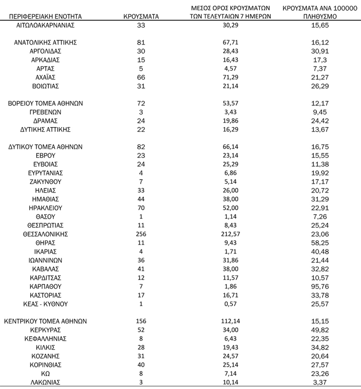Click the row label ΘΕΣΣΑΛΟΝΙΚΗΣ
tap(45, 234)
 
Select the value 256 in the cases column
tap(141, 234)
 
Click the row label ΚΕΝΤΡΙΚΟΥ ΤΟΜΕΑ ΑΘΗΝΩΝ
tap(45, 321)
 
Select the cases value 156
tap(141, 321)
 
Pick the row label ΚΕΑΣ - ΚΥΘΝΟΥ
tap(45, 304)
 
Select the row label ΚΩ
tap(45, 373)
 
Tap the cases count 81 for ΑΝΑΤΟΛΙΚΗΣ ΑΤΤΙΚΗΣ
tap(141, 42)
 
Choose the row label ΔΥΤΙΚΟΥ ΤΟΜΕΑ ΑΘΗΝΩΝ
tap(45, 147)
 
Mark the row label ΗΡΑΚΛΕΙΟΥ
tap(45, 208)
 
